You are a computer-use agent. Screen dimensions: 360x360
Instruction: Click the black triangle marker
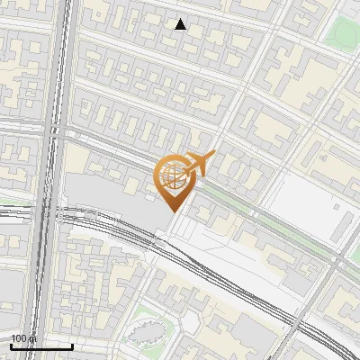tap(180, 24)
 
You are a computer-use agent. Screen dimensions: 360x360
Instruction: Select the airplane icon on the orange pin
tap(200, 163)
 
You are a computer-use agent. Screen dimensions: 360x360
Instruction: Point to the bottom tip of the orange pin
tap(172, 211)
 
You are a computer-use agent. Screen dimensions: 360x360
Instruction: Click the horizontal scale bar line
tap(41, 346)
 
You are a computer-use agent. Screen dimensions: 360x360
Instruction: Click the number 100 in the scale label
tap(17, 338)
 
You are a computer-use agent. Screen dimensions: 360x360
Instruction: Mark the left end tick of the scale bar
tap(11, 345)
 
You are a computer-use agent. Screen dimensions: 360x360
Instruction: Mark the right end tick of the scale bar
tap(73, 345)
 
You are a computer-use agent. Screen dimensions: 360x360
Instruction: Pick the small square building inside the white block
tap(335, 208)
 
